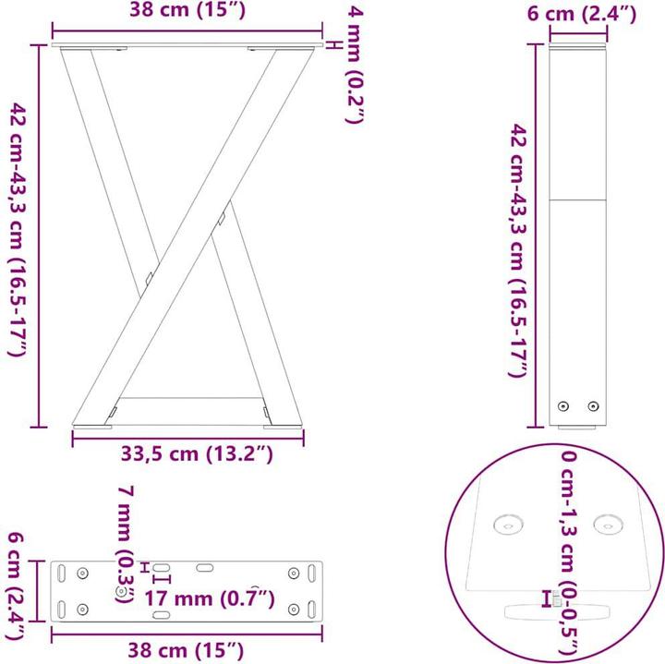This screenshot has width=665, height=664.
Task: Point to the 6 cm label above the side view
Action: click(x=580, y=13)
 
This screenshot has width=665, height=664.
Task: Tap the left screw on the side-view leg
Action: click(x=562, y=405)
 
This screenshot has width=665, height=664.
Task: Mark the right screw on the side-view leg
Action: click(x=594, y=405)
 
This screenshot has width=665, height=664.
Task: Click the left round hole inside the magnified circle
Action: click(x=508, y=525)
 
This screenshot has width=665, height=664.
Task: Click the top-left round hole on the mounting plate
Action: click(x=82, y=573)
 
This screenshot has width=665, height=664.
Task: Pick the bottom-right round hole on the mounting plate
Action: click(x=294, y=609)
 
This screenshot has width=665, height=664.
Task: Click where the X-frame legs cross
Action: click(x=187, y=237)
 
